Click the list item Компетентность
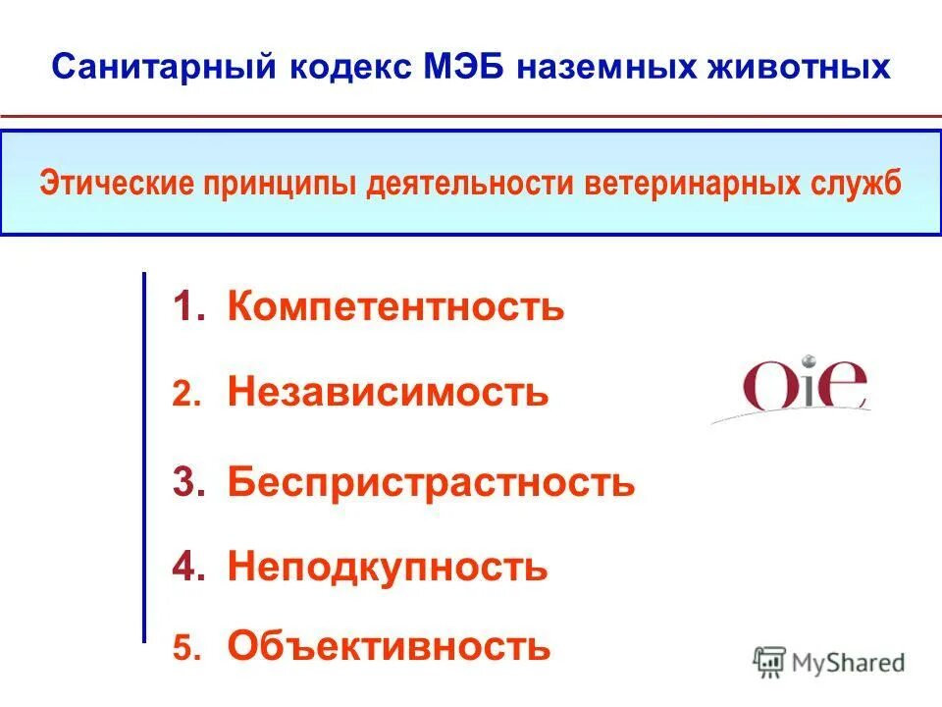click(x=396, y=306)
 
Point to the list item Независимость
click(x=389, y=393)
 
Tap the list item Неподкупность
click(x=388, y=567)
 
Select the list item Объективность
click(x=390, y=646)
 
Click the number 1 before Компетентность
click(x=183, y=307)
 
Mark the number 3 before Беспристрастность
click(x=184, y=482)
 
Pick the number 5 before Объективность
click(x=185, y=647)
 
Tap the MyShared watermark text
click(x=850, y=663)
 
